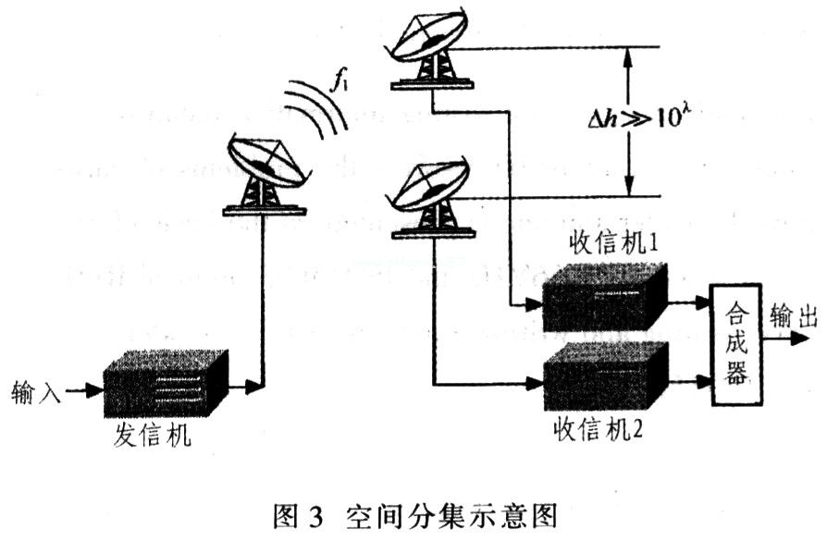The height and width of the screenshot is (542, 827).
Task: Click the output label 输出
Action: (x=794, y=317)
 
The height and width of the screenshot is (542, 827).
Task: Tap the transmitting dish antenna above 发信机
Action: (x=264, y=174)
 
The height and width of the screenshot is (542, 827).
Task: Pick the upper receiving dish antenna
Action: (x=427, y=51)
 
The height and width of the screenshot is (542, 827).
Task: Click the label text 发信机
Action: (x=153, y=435)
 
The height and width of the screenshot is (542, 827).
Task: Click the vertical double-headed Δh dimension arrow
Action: (x=628, y=119)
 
